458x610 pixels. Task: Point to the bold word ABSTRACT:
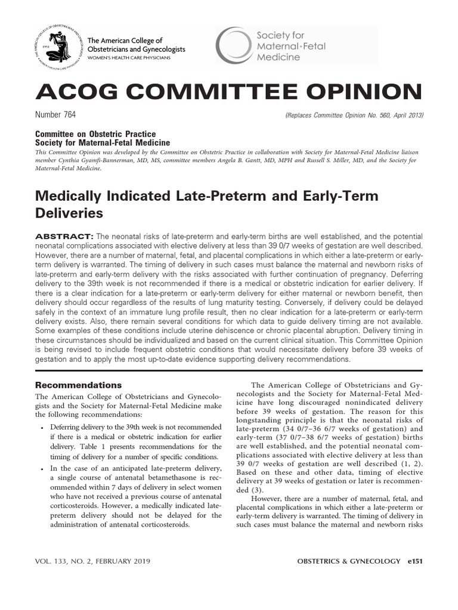pos(64,237)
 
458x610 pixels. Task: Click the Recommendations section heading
pos(78,385)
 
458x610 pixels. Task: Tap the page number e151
pos(413,561)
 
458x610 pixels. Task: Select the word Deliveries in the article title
pos(70,213)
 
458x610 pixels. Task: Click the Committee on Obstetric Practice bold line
pos(95,135)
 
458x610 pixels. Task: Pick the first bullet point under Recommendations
pos(40,428)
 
